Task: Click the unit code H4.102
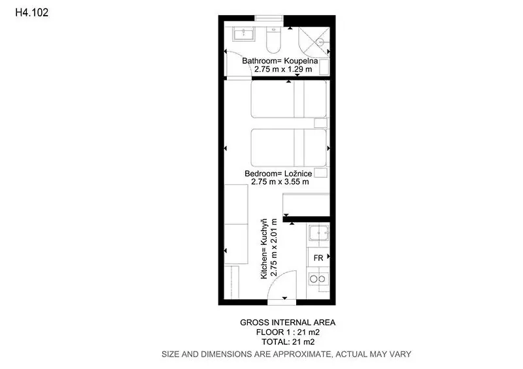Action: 32,12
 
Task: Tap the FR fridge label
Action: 318,258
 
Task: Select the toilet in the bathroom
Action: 273,40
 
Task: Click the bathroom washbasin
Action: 244,34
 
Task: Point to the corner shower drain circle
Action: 320,42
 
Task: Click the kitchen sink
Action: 319,233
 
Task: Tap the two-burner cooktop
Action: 318,279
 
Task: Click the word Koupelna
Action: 301,61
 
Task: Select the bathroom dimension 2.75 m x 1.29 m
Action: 283,69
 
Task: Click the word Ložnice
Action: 298,173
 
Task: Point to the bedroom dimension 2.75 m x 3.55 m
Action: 280,182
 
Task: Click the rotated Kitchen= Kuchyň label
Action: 264,249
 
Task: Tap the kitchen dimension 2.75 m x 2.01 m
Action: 273,248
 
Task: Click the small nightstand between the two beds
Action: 320,123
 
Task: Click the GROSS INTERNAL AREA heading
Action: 288,323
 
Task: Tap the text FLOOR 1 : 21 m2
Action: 288,332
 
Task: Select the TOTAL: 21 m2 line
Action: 288,342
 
